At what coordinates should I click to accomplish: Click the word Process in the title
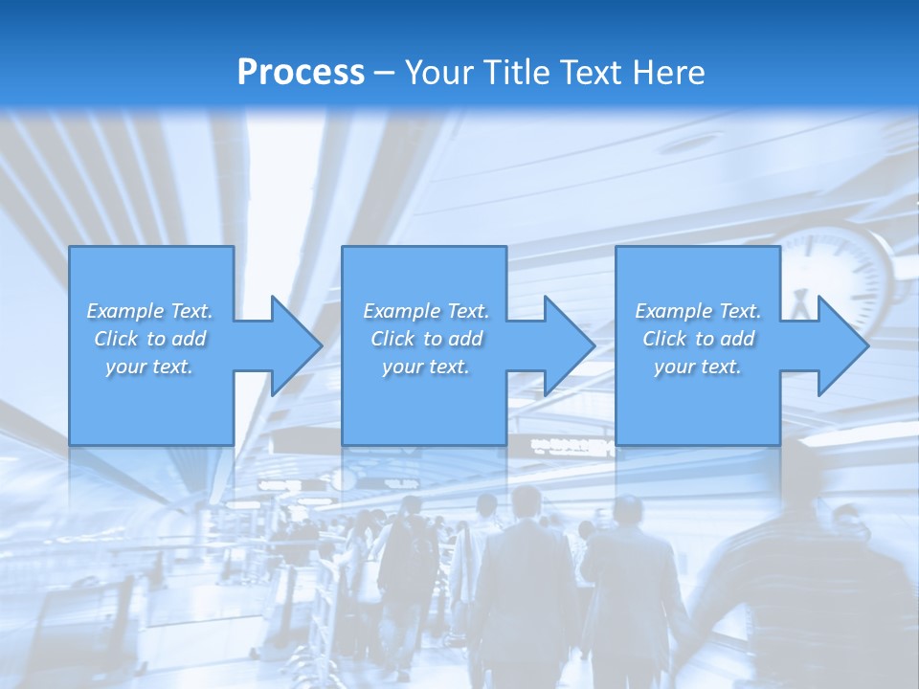coord(301,73)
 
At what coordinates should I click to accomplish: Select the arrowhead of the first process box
coord(295,345)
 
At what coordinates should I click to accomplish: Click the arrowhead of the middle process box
coord(568,345)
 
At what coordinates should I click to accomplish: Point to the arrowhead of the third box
coord(841,345)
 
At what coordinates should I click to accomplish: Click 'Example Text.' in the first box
coord(149,311)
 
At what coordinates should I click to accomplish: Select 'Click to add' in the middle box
coord(426,339)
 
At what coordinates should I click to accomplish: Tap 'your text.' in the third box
coord(697,367)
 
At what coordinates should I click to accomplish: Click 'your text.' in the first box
coord(149,367)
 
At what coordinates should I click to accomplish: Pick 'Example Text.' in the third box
coord(697,311)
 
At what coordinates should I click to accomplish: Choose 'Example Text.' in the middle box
coord(426,311)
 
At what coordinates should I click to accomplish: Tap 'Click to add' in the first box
coord(149,339)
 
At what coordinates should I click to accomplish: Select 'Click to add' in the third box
coord(697,339)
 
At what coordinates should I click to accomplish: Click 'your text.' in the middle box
coord(426,367)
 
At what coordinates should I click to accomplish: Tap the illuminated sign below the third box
coord(572,446)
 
